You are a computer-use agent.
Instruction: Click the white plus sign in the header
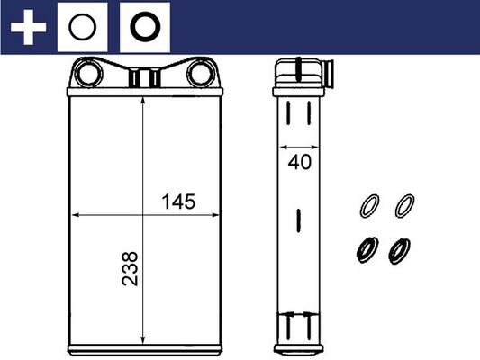(27, 27)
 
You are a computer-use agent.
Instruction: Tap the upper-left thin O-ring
(367, 205)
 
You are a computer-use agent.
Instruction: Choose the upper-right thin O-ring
(405, 205)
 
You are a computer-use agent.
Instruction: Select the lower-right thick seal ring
(398, 248)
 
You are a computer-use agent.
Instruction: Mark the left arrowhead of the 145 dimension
(75, 216)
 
